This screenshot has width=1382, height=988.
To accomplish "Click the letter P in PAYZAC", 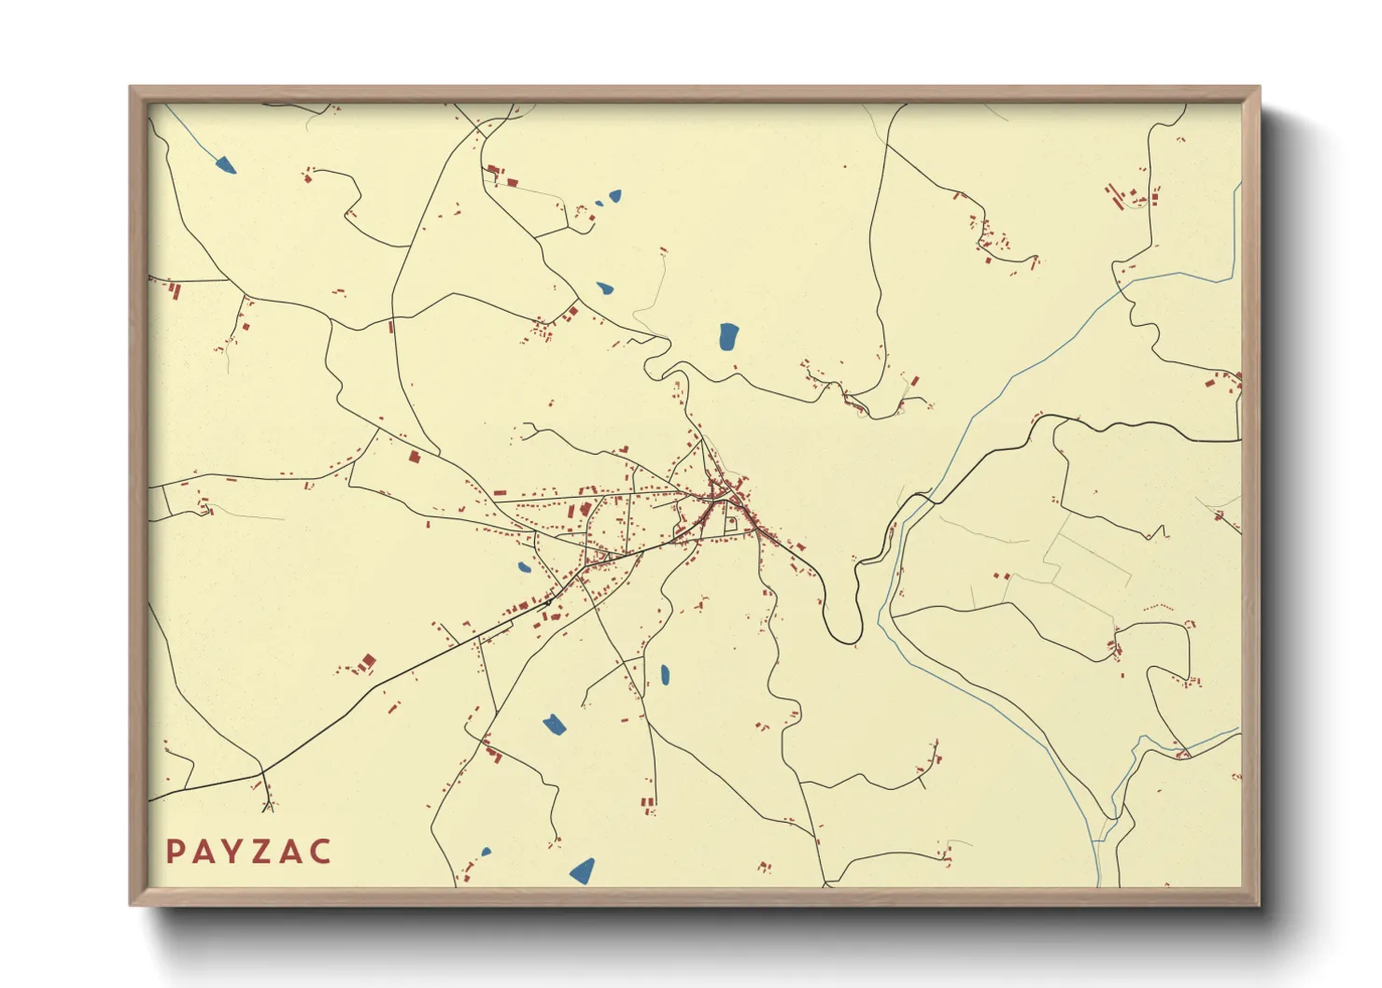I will click(x=175, y=852).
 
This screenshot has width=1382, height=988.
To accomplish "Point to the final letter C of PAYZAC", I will click(x=320, y=852).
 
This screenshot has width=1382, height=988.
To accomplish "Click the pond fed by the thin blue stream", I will click(x=225, y=166).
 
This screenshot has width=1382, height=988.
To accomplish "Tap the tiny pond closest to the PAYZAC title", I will click(x=486, y=852).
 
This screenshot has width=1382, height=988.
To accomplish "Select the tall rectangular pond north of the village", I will click(x=728, y=336).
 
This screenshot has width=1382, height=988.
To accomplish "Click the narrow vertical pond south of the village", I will click(x=665, y=674).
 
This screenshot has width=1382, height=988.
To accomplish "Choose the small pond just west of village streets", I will click(x=524, y=567).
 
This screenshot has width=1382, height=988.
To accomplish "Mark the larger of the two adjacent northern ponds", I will click(x=614, y=196).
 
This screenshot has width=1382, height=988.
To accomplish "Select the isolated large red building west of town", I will click(x=415, y=457).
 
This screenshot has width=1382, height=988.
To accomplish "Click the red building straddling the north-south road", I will click(x=391, y=326).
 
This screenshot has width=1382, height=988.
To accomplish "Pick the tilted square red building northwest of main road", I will click(x=368, y=662).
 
